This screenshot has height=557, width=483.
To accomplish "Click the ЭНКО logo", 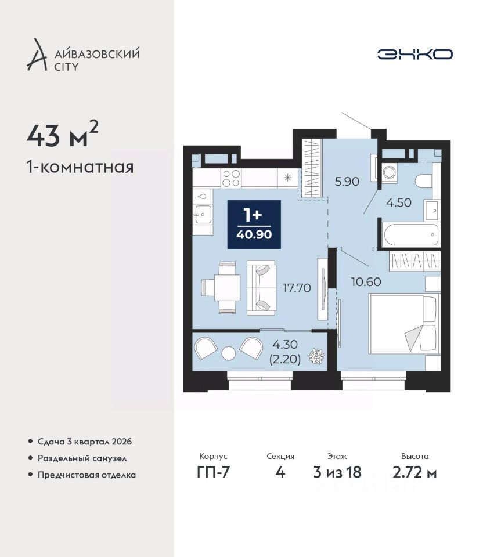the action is pyautogui.click(x=414, y=55).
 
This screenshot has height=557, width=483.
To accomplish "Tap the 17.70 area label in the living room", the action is pyautogui.click(x=297, y=288).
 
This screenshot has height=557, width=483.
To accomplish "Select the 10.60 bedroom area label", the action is pyautogui.click(x=366, y=282).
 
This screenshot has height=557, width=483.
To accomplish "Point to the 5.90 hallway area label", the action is pyautogui.click(x=347, y=182).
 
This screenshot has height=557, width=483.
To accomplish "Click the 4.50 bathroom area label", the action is pyautogui.click(x=399, y=202).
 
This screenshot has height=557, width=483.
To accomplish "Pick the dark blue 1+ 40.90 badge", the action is pyautogui.click(x=254, y=225).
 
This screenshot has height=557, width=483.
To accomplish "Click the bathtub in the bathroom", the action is pyautogui.click(x=411, y=234).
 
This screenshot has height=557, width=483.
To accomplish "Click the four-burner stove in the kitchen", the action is pyautogui.click(x=231, y=178).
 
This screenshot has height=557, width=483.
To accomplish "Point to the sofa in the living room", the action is pyautogui.click(x=262, y=287).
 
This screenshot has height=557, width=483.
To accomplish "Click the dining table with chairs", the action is pyautogui.click(x=219, y=287).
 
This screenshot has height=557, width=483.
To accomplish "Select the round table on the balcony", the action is pyautogui.click(x=228, y=353).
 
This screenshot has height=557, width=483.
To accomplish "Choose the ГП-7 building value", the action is pyautogui.click(x=213, y=472).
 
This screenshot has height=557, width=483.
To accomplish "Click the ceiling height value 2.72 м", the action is pyautogui.click(x=414, y=472).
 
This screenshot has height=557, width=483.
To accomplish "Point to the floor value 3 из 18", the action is pyautogui.click(x=337, y=472).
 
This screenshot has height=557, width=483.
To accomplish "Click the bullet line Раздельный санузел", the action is pyautogui.click(x=82, y=458).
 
